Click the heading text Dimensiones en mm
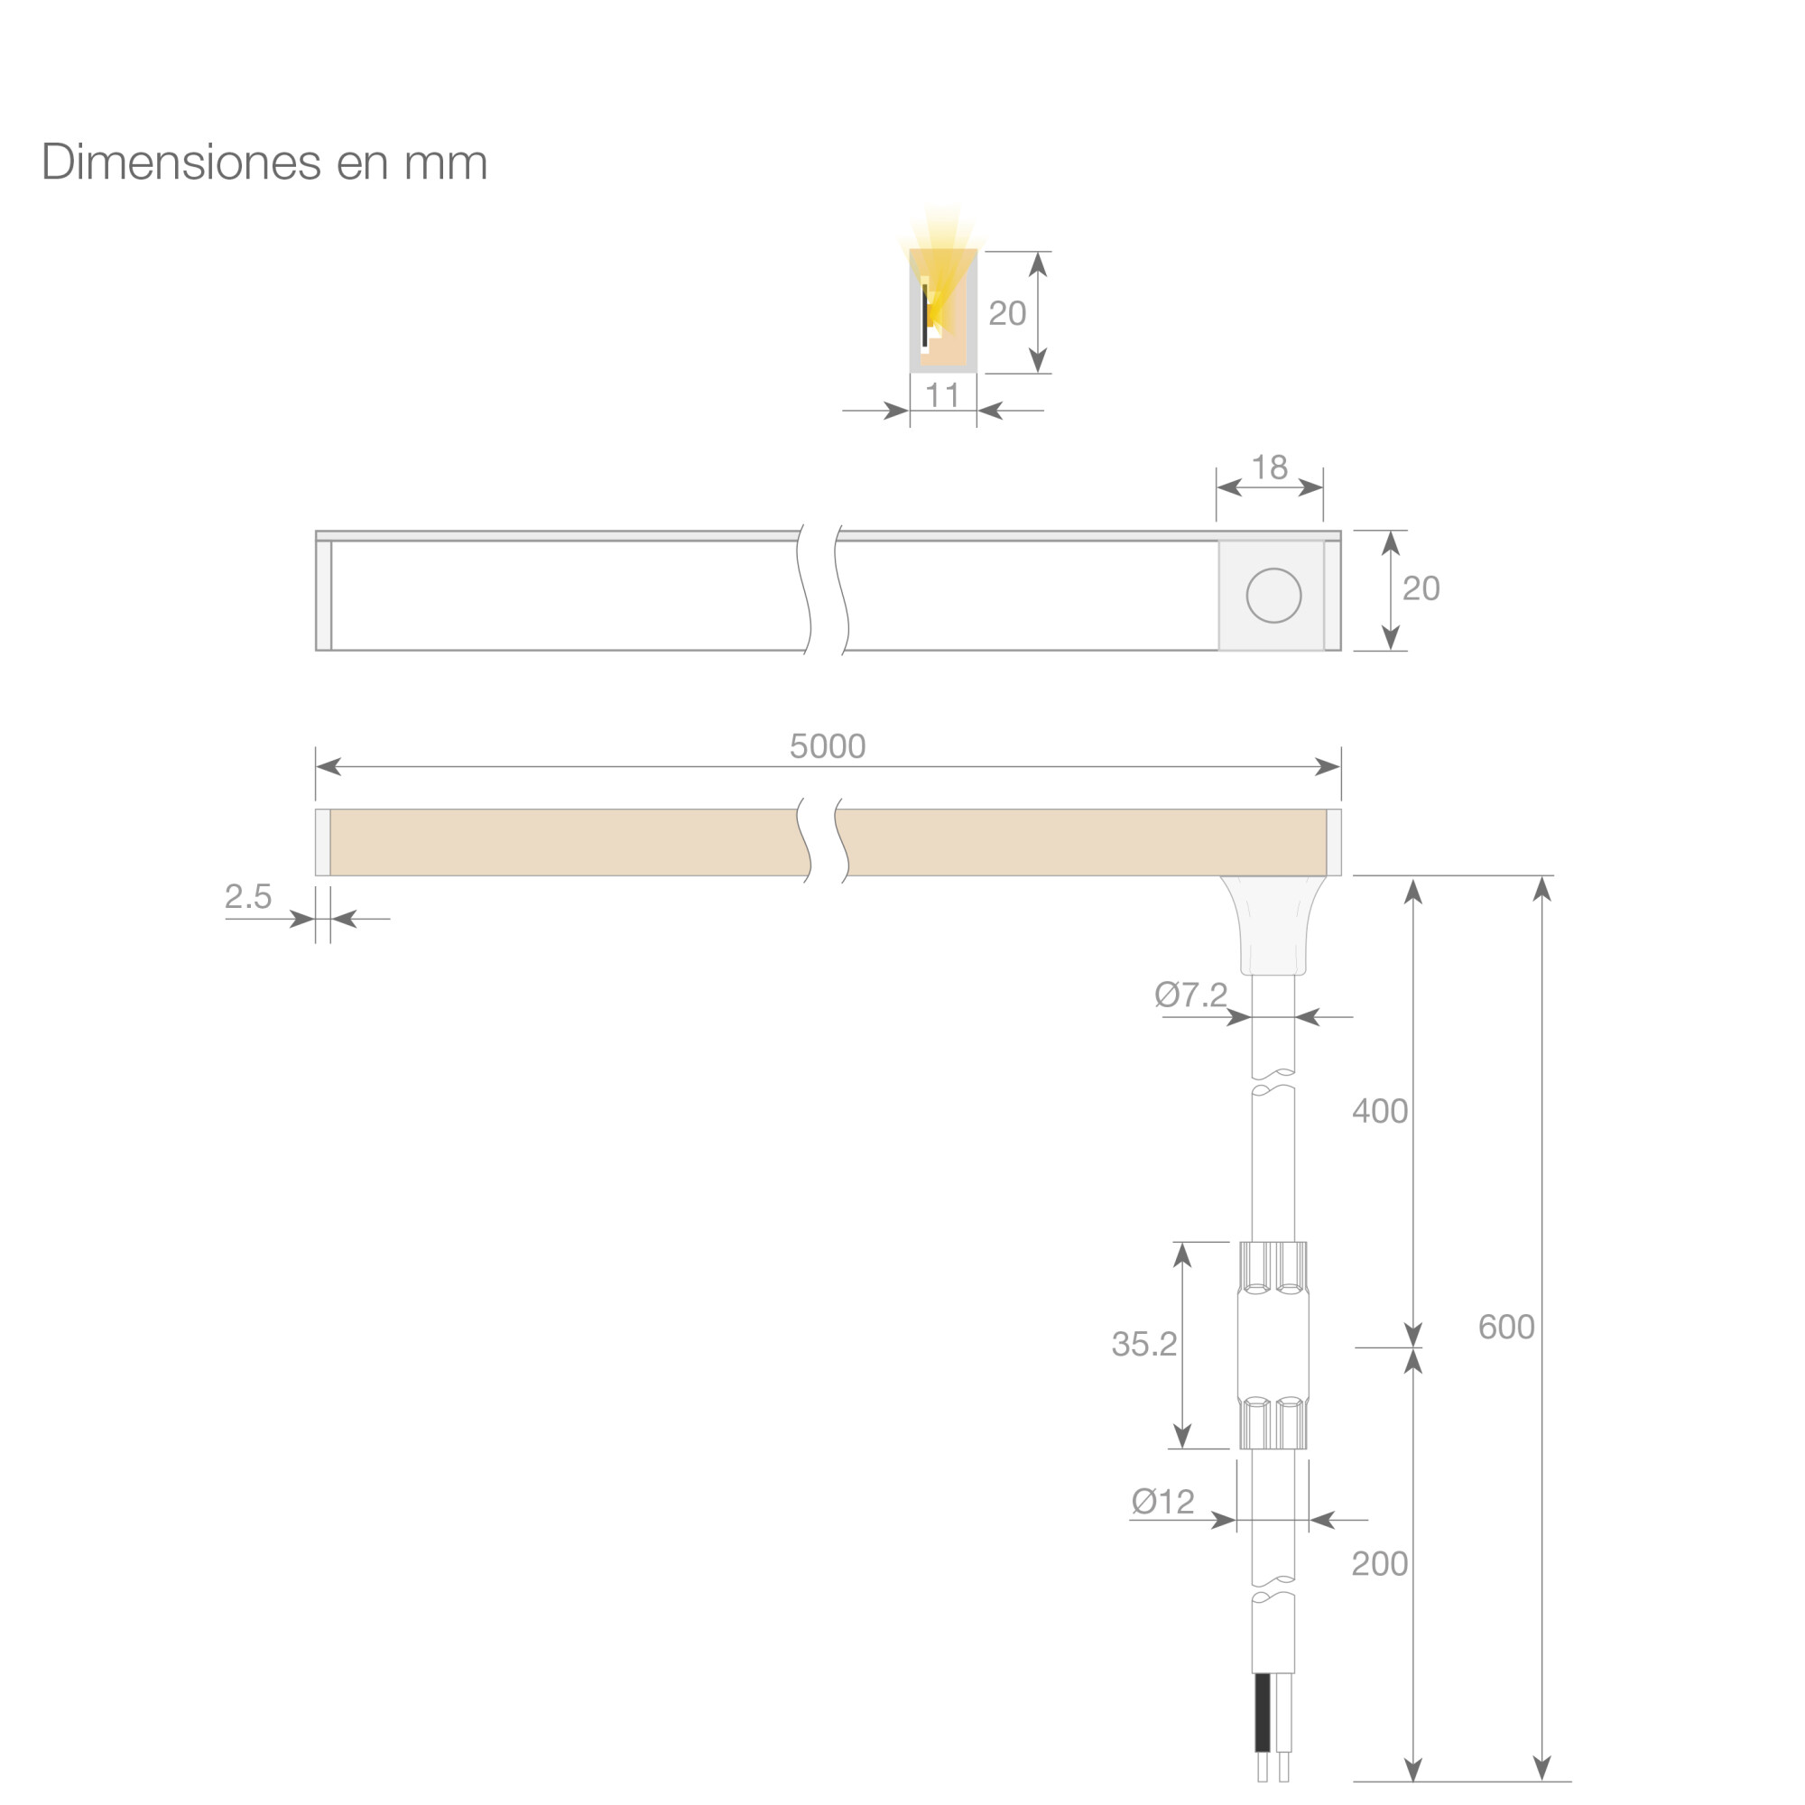coord(264,162)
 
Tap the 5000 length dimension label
coord(827,746)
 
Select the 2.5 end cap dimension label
coord(247,897)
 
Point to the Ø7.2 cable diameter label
coord(1190,995)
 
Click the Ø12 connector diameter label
coord(1162,1503)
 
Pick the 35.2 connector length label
coord(1143,1345)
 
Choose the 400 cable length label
coord(1380,1111)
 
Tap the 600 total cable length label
coord(1506,1327)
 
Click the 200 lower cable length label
coord(1380,1564)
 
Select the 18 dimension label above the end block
coord(1269,467)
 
